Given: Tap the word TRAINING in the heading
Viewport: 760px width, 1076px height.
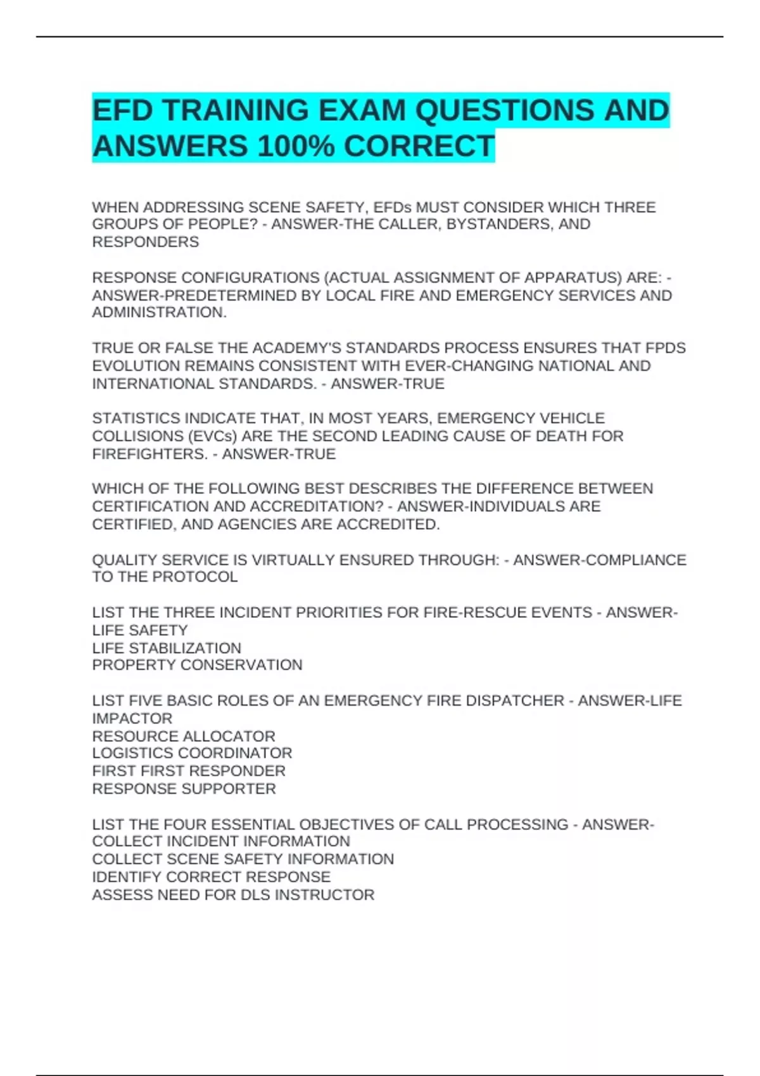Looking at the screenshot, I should click(x=234, y=111).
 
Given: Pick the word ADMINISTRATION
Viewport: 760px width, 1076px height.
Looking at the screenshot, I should click(x=159, y=313).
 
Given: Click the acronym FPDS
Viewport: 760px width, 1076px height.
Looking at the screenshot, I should click(x=665, y=348).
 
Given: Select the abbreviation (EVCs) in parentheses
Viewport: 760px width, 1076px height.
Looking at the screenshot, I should click(x=212, y=436).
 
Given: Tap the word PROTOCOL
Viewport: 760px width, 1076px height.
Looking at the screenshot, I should click(x=195, y=577).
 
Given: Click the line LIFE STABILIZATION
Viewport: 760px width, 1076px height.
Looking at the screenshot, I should click(x=167, y=648).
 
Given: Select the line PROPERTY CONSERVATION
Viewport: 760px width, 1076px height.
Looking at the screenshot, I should click(x=197, y=665).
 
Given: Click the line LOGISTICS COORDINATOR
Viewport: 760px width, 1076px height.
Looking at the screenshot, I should click(x=192, y=753).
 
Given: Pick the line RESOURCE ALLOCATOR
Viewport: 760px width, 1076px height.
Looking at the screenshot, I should click(x=184, y=736).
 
